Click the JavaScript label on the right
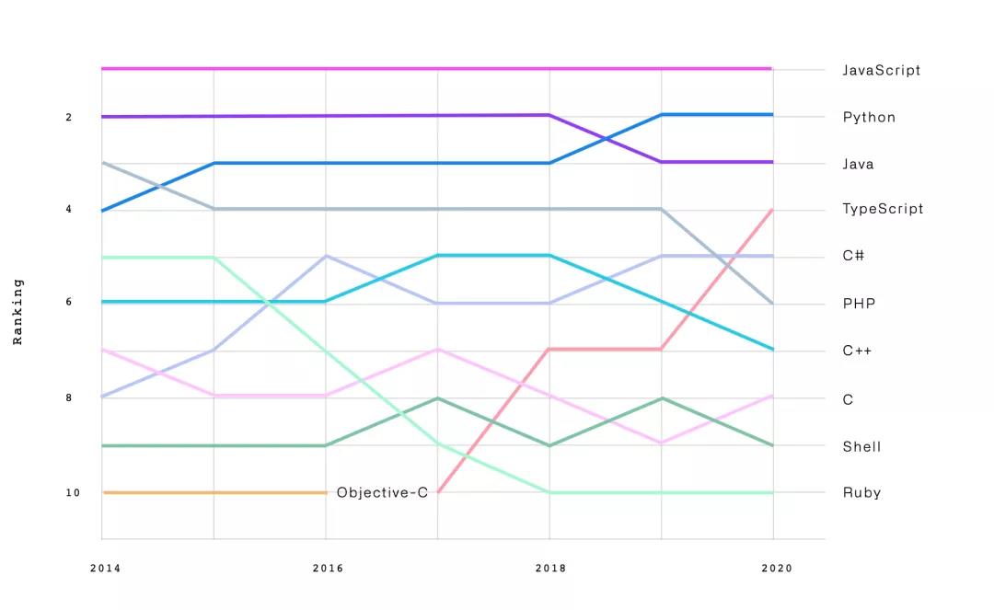[881, 71]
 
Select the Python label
[869, 118]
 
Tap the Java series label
[858, 165]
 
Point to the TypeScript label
[883, 209]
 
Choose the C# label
[853, 256]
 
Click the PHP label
[858, 304]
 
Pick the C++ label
[857, 351]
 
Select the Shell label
[861, 447]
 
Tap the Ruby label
[861, 493]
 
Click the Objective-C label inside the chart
[382, 493]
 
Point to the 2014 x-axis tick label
[105, 569]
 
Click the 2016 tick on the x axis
[328, 569]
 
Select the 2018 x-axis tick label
[550, 569]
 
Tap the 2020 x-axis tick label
[777, 569]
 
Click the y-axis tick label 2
[69, 118]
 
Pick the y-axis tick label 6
[69, 303]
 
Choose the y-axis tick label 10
[73, 493]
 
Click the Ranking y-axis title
[17, 311]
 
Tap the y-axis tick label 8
[69, 398]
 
